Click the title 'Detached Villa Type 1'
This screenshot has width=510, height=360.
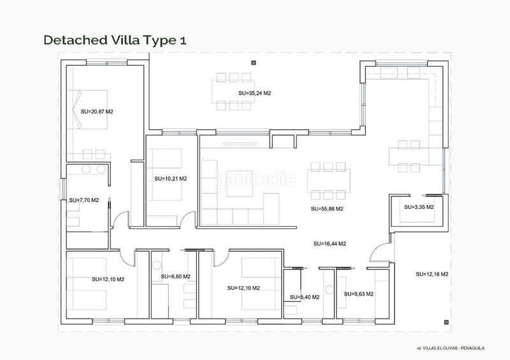coord(115,40)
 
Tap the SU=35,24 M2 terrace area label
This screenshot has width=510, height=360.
coord(254,93)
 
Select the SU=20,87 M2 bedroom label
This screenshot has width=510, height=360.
coord(97,112)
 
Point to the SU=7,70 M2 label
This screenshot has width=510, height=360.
coord(84,200)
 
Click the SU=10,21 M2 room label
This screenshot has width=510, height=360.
coord(171,178)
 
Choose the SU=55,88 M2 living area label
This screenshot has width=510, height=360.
coord(327,209)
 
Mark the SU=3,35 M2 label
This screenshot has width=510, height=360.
coord(419,207)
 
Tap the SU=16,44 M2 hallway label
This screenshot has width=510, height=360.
coord(330,243)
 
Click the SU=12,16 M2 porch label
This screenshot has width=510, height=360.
coord(432,274)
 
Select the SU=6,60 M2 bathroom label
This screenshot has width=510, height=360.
coord(176,277)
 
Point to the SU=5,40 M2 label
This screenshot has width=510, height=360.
coord(305,297)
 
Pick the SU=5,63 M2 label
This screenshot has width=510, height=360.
coord(359,294)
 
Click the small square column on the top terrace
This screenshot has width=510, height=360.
coord(254,63)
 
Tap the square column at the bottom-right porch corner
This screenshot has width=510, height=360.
coord(447,322)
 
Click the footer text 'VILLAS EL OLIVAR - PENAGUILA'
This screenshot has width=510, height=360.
coord(453,349)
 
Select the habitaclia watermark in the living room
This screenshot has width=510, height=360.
coord(256,179)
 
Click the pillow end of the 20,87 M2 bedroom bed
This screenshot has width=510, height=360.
coord(76,109)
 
